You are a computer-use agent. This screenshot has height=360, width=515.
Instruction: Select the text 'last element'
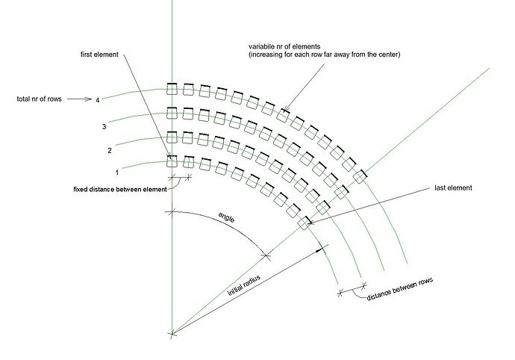453,188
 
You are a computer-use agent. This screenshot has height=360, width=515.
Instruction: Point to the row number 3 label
104,127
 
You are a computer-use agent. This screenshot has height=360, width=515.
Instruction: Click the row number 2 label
110,151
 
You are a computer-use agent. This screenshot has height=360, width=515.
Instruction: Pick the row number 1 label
116,171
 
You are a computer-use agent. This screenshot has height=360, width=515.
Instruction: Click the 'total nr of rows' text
37,98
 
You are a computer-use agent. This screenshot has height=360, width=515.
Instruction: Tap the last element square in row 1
305,223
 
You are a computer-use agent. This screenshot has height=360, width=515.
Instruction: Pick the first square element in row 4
172,90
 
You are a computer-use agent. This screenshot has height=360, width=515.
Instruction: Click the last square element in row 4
359,176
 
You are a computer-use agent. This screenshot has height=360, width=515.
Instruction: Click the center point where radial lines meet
172,333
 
